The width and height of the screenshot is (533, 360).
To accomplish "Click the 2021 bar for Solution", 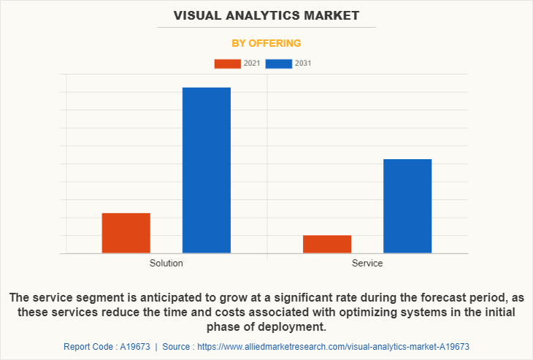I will click(126, 233).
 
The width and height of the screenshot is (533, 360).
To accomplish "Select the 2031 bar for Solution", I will click(207, 170).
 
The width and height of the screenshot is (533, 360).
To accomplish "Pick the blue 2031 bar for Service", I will click(407, 206).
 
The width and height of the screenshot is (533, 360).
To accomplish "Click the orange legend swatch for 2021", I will click(227, 64).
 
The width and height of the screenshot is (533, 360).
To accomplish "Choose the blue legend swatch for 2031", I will click(279, 64).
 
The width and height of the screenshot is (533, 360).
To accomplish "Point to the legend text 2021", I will click(252, 64).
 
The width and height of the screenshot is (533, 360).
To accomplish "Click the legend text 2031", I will click(303, 64).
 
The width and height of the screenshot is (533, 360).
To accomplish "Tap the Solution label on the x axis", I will click(166, 263).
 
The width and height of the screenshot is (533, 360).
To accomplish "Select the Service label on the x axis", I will click(367, 263).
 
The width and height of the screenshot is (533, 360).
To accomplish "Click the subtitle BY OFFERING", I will click(266, 43).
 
